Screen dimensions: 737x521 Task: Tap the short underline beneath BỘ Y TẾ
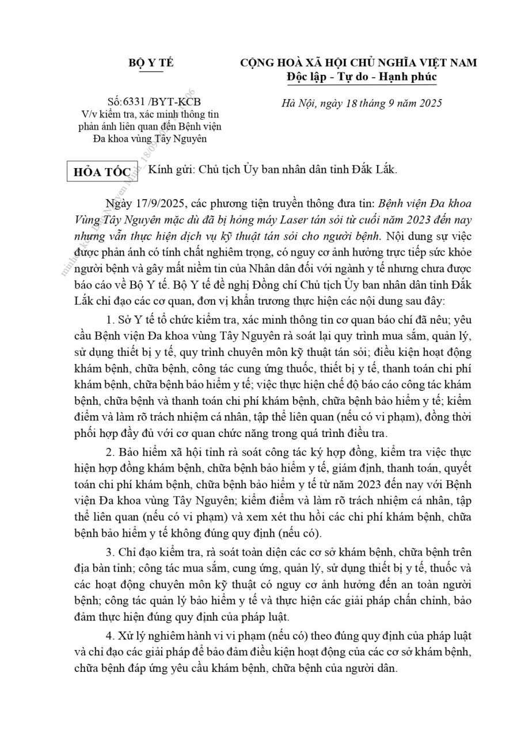[151, 72]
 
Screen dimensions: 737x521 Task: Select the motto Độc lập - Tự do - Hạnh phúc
[361, 77]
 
